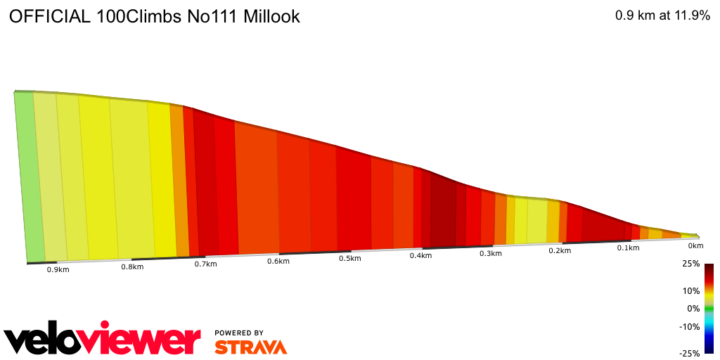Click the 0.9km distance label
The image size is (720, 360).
coord(58,269)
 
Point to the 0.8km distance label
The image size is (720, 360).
coord(132,266)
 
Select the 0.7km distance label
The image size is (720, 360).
coord(205,264)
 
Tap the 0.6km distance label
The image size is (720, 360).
coord(278,261)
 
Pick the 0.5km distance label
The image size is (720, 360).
coord(349,258)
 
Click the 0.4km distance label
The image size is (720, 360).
coord(420,255)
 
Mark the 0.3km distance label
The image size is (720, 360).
coord(490,253)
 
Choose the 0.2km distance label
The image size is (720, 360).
coord(560,250)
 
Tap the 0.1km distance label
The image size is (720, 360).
coord(629,248)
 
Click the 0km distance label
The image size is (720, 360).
coord(695,246)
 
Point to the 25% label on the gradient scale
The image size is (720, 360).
coord(691,264)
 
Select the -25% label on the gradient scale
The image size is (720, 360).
coord(690,353)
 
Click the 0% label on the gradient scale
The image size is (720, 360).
coord(693,309)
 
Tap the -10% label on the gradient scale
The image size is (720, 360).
coord(690,326)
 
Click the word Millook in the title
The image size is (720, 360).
coord(271,17)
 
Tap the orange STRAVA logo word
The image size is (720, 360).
coord(250,347)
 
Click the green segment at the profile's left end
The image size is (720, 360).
coord(27,176)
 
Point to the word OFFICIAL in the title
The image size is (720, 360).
coord(47,17)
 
